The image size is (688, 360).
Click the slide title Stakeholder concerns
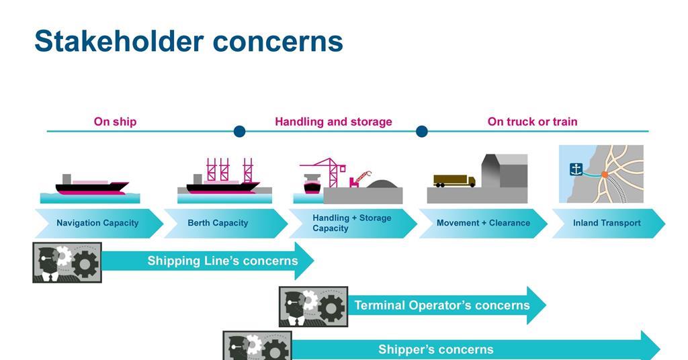[189, 41]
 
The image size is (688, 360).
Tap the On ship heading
[115, 122]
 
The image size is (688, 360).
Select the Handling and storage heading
[333, 122]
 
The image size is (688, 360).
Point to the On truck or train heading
[532, 122]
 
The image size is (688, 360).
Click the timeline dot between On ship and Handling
[239, 131]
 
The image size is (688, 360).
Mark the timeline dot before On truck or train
[422, 131]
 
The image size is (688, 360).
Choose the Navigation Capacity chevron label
[97, 223]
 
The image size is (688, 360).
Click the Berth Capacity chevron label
[218, 223]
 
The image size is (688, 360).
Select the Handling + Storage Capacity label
[351, 223]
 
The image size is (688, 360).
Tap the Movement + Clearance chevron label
[483, 223]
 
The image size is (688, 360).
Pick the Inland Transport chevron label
[607, 223]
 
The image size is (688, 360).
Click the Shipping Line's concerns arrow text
[222, 261]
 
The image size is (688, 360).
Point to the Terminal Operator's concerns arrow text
[442, 305]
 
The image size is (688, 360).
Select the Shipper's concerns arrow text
[435, 349]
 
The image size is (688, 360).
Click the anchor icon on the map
[576, 169]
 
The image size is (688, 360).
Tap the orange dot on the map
[605, 175]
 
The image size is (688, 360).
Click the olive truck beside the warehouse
[454, 181]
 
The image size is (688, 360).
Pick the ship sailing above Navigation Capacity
[91, 185]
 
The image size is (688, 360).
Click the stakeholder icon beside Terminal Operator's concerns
[313, 306]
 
